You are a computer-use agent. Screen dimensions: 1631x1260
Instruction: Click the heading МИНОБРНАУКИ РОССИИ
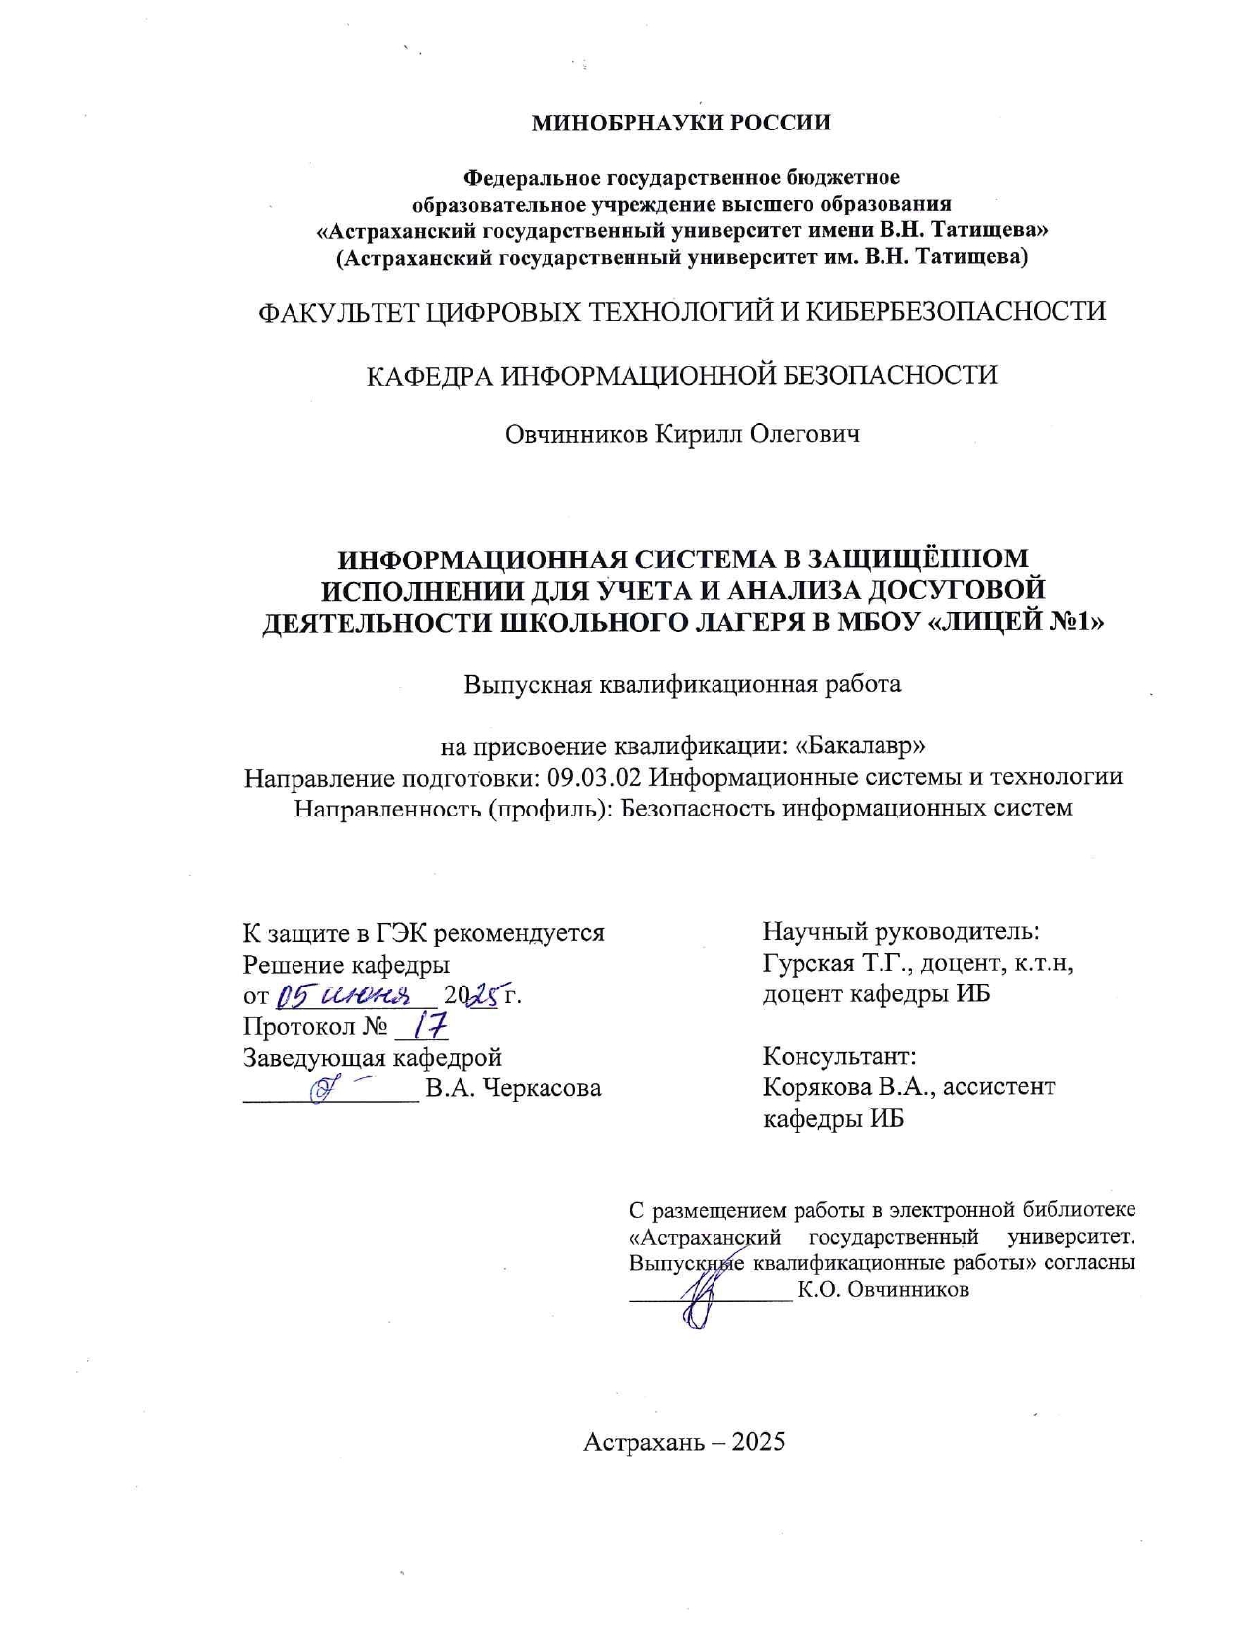pos(681,123)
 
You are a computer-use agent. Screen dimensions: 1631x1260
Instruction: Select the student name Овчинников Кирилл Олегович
pos(682,434)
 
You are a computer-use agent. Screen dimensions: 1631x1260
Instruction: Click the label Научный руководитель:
pos(900,931)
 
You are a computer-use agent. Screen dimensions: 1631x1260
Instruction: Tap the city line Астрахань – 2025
pos(684,1441)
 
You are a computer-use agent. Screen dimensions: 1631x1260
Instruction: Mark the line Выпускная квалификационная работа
pos(683,684)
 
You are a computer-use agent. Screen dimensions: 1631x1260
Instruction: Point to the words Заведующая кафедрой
pos(373,1058)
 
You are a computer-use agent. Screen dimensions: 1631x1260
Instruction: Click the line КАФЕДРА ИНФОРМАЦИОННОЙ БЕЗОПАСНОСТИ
pos(682,376)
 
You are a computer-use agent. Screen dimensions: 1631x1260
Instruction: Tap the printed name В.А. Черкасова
pos(513,1089)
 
